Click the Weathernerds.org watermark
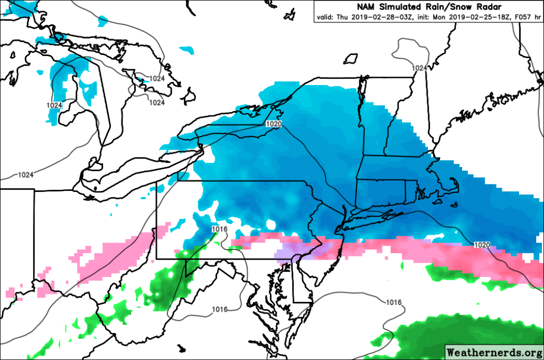[493, 352]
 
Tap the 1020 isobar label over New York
[273, 124]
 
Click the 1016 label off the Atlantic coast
[393, 302]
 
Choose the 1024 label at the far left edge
[25, 174]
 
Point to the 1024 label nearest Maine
[419, 68]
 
